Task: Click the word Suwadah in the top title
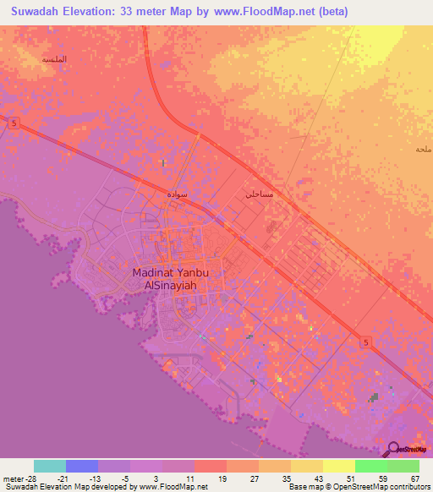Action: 40,11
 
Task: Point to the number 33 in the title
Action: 145,11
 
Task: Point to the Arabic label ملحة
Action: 424,150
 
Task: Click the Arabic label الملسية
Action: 54,60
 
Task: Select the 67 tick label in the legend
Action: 414,479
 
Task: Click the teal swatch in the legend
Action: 49,466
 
